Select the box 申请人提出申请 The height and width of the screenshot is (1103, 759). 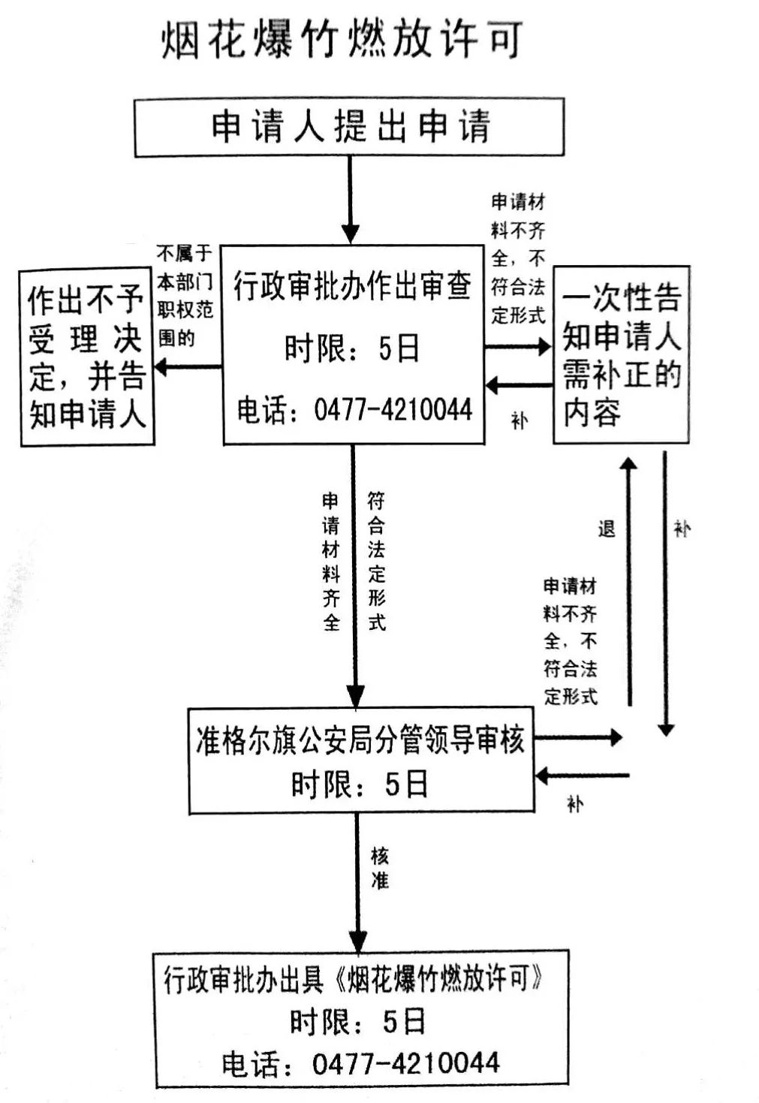click(x=350, y=127)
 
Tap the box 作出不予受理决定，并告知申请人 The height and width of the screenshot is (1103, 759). click(x=87, y=357)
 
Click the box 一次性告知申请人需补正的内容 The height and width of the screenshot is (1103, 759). click(x=621, y=354)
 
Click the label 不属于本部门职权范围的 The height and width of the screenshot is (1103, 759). click(x=185, y=296)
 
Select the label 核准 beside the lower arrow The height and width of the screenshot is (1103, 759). click(x=380, y=868)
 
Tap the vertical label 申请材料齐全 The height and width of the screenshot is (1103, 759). click(x=331, y=562)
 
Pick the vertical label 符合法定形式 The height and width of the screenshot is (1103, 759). click(x=377, y=562)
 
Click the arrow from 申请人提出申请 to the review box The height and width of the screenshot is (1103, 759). click(x=351, y=200)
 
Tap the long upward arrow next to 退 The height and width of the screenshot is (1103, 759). click(x=629, y=582)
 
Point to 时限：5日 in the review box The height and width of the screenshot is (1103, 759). click(x=351, y=348)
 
